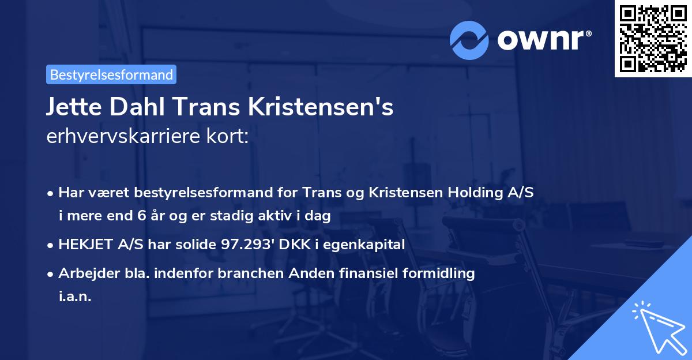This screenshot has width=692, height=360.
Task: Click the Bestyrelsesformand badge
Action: pos(111,74)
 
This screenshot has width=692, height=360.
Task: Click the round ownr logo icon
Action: pos(469,40)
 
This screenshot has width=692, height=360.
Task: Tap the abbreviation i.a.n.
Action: pos(76,297)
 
